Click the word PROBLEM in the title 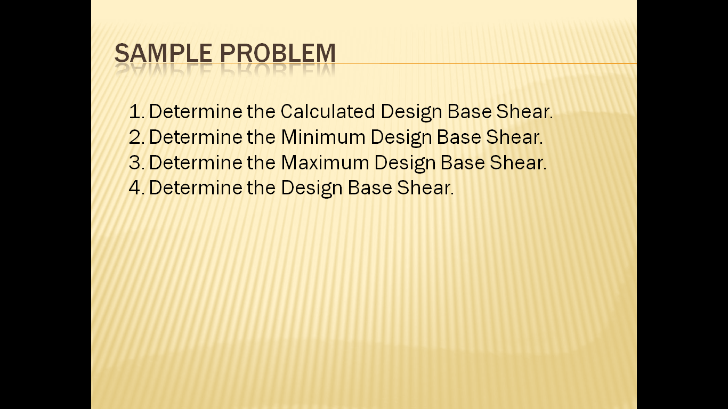click(278, 53)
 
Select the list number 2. click(136, 137)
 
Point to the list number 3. click(136, 162)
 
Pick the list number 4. click(136, 188)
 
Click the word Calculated click(328, 112)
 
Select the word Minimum click(323, 137)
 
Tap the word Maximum click(325, 162)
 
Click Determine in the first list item click(196, 112)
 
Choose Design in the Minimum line click(401, 137)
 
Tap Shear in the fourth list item click(425, 188)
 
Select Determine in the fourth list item click(196, 188)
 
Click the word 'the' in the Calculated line click(261, 112)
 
